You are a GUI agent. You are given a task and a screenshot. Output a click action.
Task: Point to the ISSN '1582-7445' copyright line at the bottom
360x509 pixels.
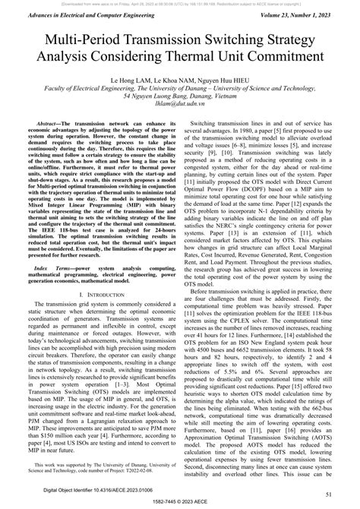point(179,503)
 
